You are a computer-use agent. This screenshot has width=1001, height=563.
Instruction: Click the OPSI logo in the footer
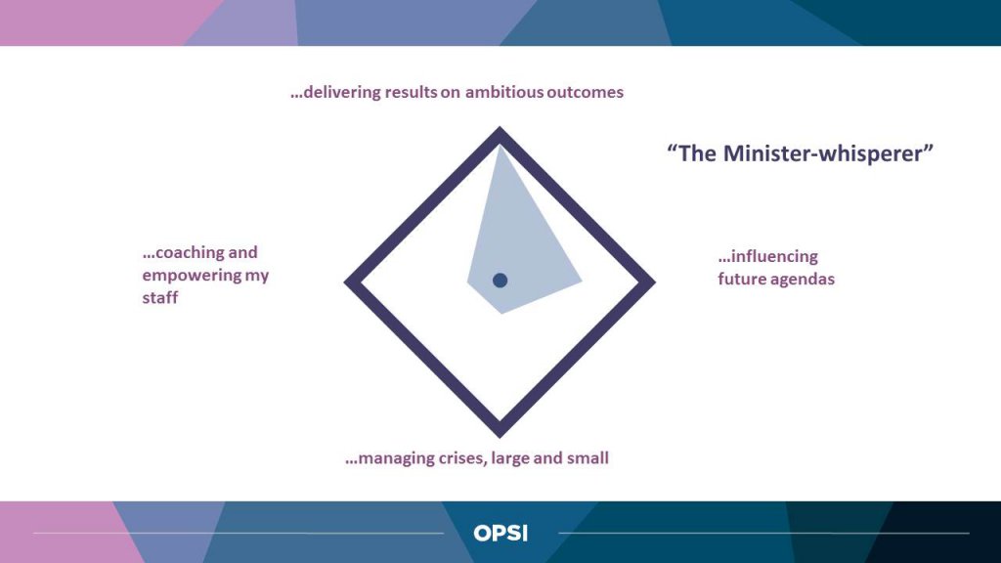point(500,533)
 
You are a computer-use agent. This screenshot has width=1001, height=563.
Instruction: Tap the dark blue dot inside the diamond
point(500,281)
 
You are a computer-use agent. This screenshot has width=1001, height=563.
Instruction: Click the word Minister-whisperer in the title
point(828,153)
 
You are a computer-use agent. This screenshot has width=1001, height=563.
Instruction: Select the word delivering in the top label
point(336,92)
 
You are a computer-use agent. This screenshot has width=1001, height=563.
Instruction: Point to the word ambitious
point(504,92)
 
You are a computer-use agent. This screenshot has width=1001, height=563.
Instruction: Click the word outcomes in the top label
point(585,92)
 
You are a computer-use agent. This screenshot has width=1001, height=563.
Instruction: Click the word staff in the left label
point(159,297)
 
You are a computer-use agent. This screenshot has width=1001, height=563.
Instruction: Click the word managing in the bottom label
point(391,458)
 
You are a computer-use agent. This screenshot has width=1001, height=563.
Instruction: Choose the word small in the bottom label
point(588,458)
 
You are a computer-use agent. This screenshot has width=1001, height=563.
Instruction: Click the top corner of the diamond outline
point(500,128)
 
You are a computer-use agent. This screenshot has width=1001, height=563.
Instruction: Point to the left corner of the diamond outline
point(345,282)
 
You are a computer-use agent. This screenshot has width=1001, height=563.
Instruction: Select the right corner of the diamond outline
point(655,282)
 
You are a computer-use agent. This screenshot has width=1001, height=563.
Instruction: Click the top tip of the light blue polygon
point(500,147)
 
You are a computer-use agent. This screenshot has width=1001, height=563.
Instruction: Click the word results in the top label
point(411,92)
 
